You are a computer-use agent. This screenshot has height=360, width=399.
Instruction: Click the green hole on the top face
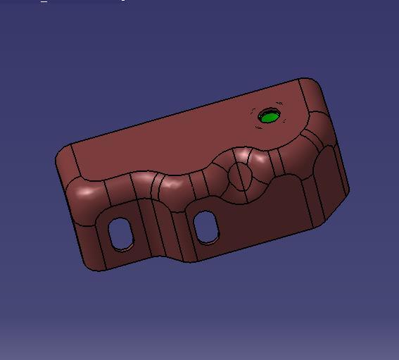coord(269,116)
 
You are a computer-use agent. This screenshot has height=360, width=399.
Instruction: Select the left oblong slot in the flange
coord(121,233)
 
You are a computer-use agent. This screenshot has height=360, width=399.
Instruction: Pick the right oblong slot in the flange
coord(207,226)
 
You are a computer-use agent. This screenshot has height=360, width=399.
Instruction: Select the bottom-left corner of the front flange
coord(89,266)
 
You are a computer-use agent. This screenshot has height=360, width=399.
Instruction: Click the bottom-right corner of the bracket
coord(320,224)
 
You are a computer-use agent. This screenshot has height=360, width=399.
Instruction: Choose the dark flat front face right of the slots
coord(267,211)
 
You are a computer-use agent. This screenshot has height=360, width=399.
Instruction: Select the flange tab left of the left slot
coord(95,243)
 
